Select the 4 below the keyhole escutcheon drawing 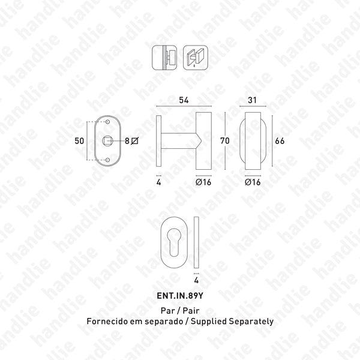pos(196,280)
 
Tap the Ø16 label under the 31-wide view pos(253,182)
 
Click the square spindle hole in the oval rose pos(109,140)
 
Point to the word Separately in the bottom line pos(253,321)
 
